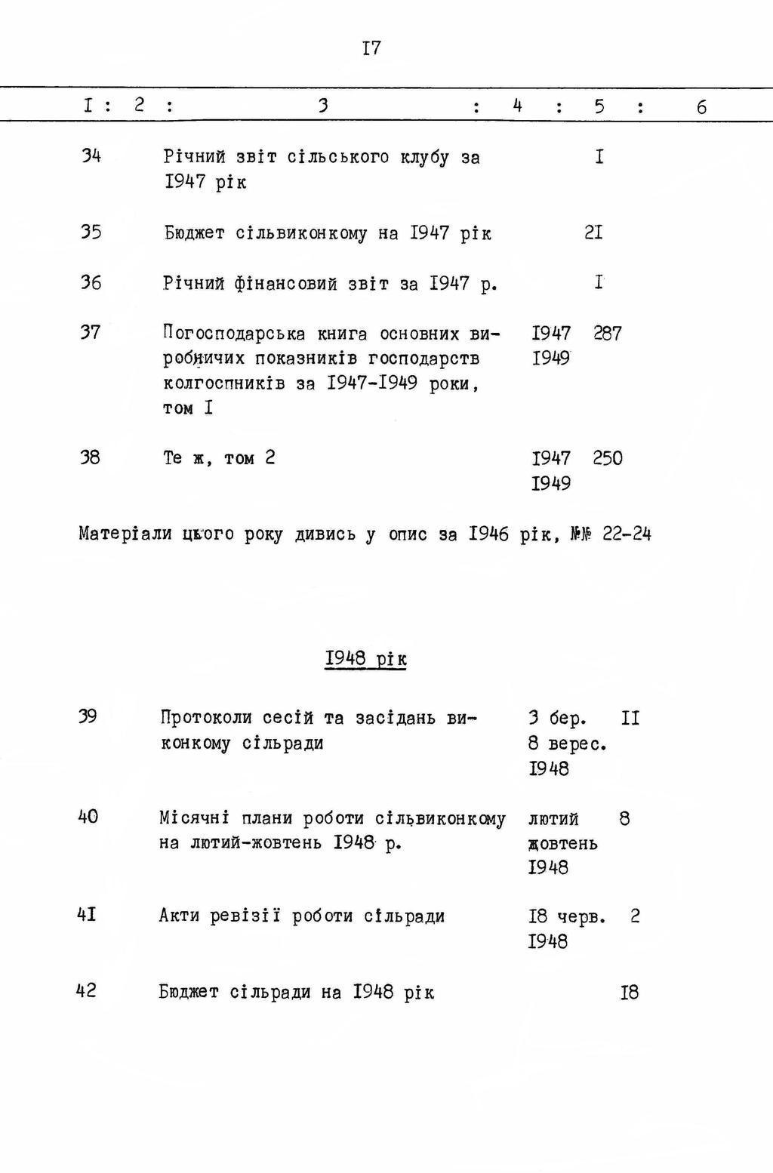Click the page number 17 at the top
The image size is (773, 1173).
pos(371,49)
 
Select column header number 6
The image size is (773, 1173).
pos(701,107)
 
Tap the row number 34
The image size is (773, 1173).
pos(91,156)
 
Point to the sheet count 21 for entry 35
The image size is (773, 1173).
pos(593,232)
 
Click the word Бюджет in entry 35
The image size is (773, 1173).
pos(194,233)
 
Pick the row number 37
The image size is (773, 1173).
pos(91,332)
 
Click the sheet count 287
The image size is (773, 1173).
pos(608,333)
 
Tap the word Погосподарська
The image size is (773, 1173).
pos(234,333)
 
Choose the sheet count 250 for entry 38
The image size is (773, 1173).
pos(608,458)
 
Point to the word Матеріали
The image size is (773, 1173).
pos(125,534)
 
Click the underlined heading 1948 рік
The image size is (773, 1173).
pos(366,659)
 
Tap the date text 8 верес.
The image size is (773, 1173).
pos(568,744)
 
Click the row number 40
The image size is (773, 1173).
pos(88,817)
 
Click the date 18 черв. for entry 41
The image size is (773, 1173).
pos(567,916)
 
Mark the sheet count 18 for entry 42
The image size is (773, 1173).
pos(630,992)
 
